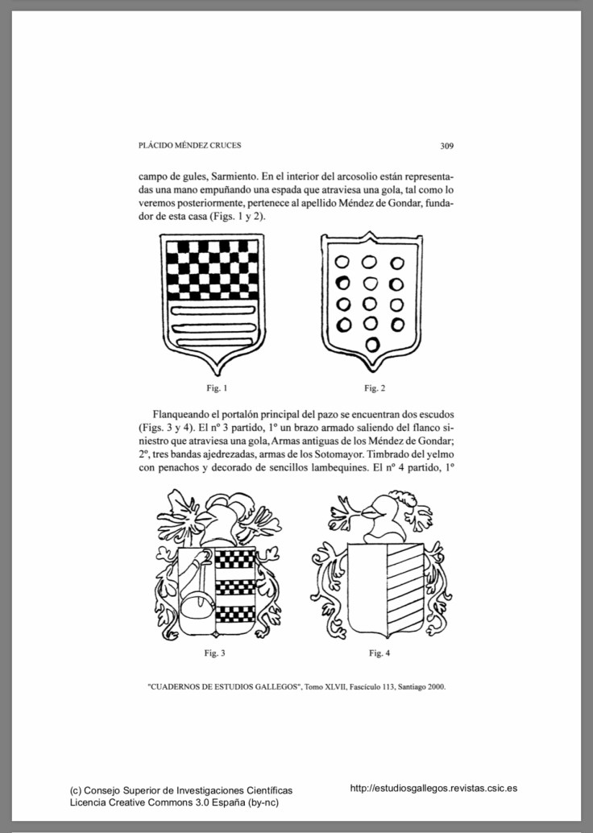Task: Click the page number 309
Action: pyautogui.click(x=448, y=147)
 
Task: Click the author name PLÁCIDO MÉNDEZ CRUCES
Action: pyautogui.click(x=190, y=146)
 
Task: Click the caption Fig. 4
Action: pyautogui.click(x=380, y=653)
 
